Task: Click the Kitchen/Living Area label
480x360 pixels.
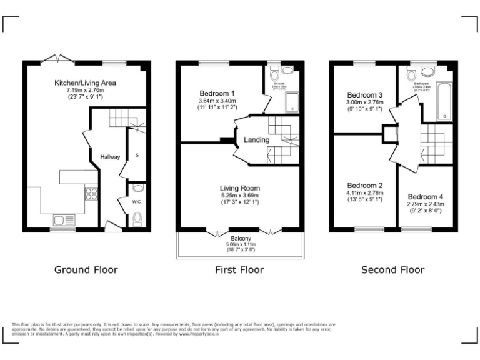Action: (85, 82)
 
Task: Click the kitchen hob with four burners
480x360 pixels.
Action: (91, 194)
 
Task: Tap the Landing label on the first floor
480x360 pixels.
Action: (256, 140)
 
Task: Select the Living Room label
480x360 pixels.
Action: (239, 188)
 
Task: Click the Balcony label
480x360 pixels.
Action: (241, 239)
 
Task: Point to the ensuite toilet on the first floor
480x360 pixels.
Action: (274, 74)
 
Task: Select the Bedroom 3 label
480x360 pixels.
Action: (365, 95)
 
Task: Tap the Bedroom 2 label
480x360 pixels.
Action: (365, 186)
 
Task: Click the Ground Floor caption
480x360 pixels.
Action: (86, 270)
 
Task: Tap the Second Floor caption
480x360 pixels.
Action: (392, 270)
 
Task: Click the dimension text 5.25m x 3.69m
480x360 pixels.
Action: (239, 195)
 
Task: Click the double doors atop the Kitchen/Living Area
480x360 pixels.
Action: (57, 59)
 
